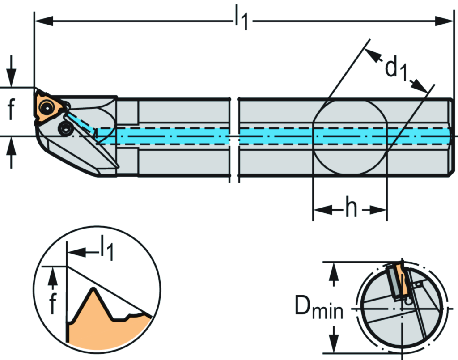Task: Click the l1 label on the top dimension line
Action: click(x=240, y=20)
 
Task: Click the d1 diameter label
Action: click(x=395, y=69)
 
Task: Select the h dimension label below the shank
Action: click(x=351, y=209)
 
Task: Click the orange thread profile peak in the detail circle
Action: click(x=93, y=293)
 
